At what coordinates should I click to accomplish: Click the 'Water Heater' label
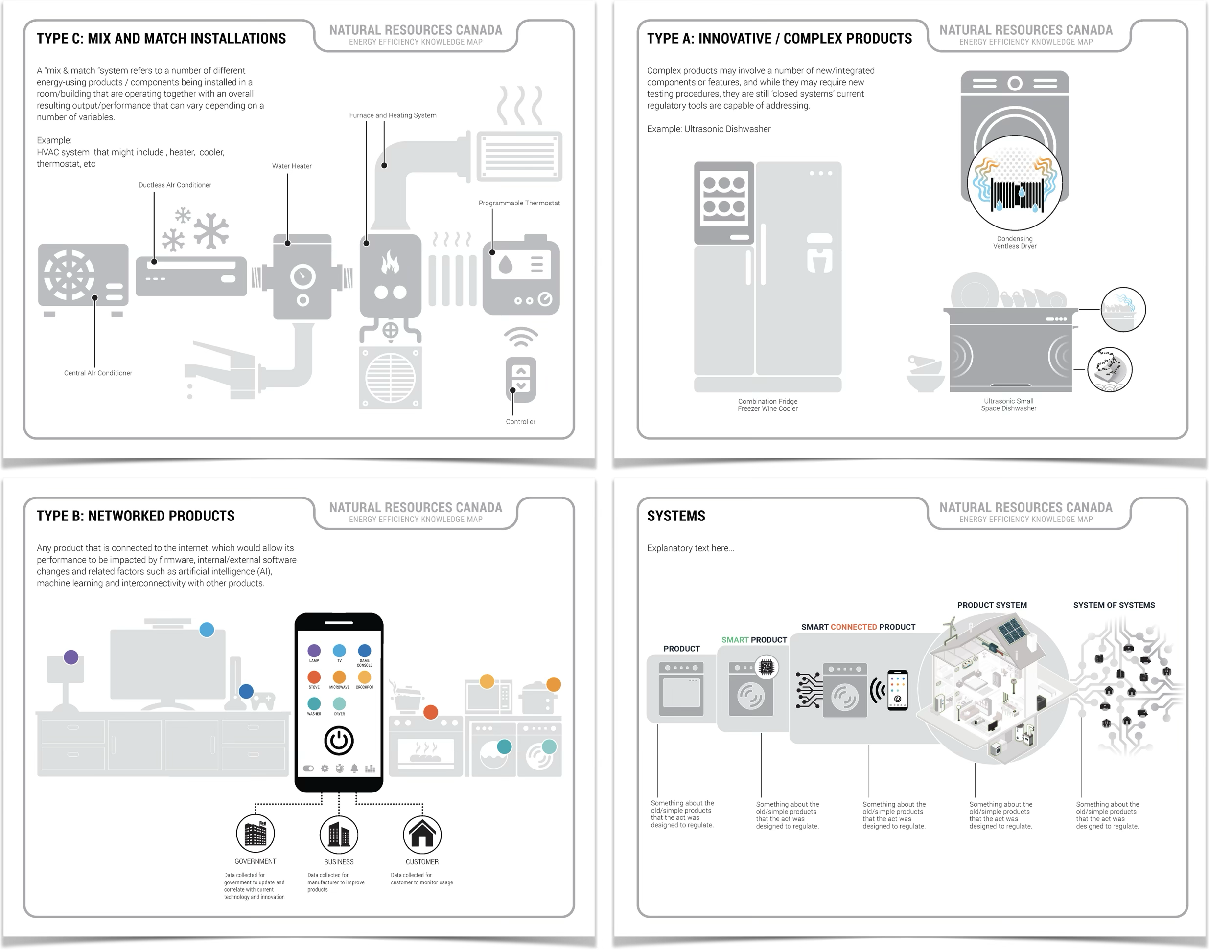pyautogui.click(x=292, y=166)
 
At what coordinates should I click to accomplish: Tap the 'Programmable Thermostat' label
pyautogui.click(x=519, y=203)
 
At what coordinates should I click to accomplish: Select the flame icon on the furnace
pyautogui.click(x=390, y=263)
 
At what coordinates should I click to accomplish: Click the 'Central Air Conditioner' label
pyautogui.click(x=98, y=373)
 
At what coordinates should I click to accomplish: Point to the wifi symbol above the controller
pyautogui.click(x=521, y=336)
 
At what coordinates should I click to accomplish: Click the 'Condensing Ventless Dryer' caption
pyautogui.click(x=1015, y=243)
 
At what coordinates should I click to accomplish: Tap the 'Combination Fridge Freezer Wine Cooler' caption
pyautogui.click(x=768, y=405)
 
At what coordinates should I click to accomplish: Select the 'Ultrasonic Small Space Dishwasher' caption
pyautogui.click(x=1009, y=405)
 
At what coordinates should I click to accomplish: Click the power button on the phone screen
pyautogui.click(x=339, y=740)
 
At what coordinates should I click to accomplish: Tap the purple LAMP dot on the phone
pyautogui.click(x=314, y=651)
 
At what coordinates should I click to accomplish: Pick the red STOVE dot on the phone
pyautogui.click(x=314, y=677)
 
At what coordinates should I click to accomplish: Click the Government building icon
pyautogui.click(x=256, y=834)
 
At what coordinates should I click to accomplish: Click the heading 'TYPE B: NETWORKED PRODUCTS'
pyautogui.click(x=136, y=516)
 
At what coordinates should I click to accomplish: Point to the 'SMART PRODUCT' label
pyautogui.click(x=754, y=640)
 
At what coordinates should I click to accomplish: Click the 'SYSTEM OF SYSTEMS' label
pyautogui.click(x=1114, y=605)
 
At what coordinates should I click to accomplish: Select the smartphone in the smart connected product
pyautogui.click(x=897, y=690)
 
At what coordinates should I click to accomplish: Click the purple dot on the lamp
pyautogui.click(x=71, y=657)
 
